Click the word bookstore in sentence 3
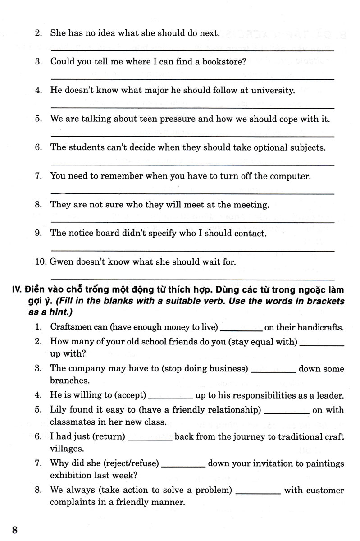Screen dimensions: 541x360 click(x=225, y=62)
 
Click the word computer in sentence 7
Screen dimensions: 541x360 click(x=288, y=176)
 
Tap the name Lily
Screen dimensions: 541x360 click(x=58, y=410)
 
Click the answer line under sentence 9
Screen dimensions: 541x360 click(x=192, y=250)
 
